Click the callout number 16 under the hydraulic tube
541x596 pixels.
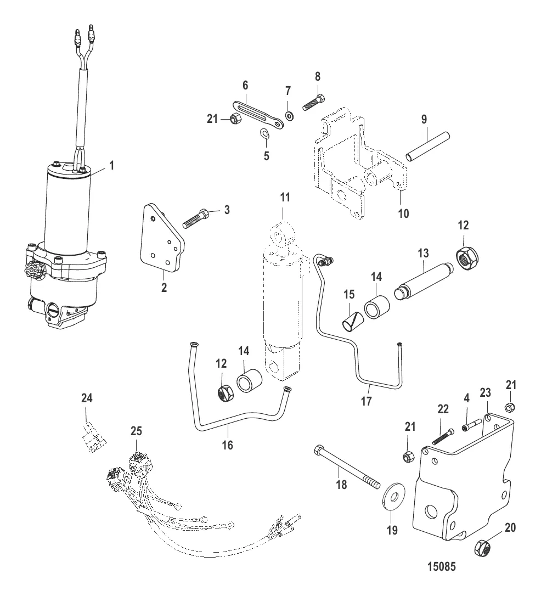[227, 445]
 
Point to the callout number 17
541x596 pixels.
[365, 401]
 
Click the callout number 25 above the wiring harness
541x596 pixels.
[136, 432]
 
